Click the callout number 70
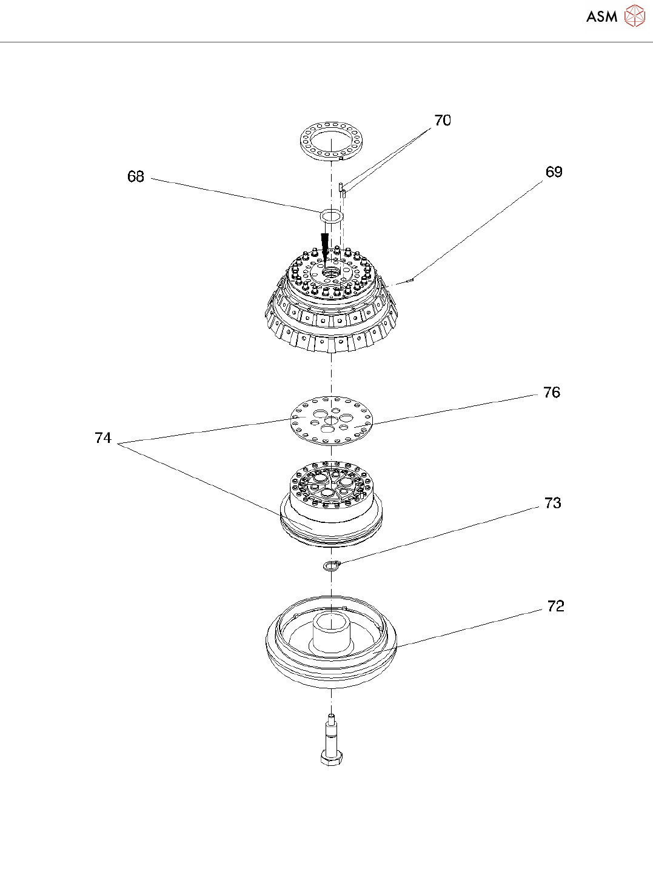(x=443, y=121)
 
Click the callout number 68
(x=136, y=176)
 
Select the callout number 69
(x=554, y=172)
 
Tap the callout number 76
(x=551, y=393)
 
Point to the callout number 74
(x=103, y=438)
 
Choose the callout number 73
(x=552, y=503)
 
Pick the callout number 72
(x=555, y=607)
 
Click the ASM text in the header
(x=601, y=17)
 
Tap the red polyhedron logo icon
(x=635, y=16)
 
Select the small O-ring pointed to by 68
(x=331, y=216)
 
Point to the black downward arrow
(x=325, y=246)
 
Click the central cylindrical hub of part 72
(x=331, y=633)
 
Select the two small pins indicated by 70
(x=342, y=189)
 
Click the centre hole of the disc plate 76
(x=331, y=420)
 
